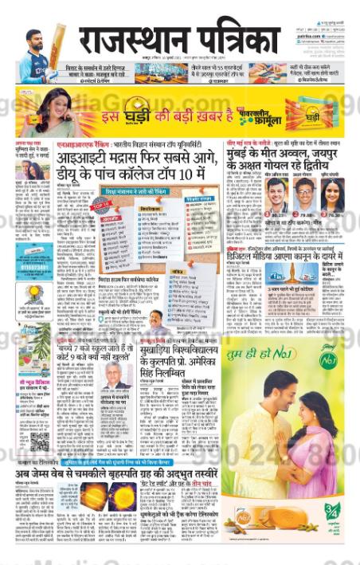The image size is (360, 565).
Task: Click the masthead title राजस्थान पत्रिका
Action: [x=179, y=38]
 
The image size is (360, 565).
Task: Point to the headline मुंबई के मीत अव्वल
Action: [x=283, y=159]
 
